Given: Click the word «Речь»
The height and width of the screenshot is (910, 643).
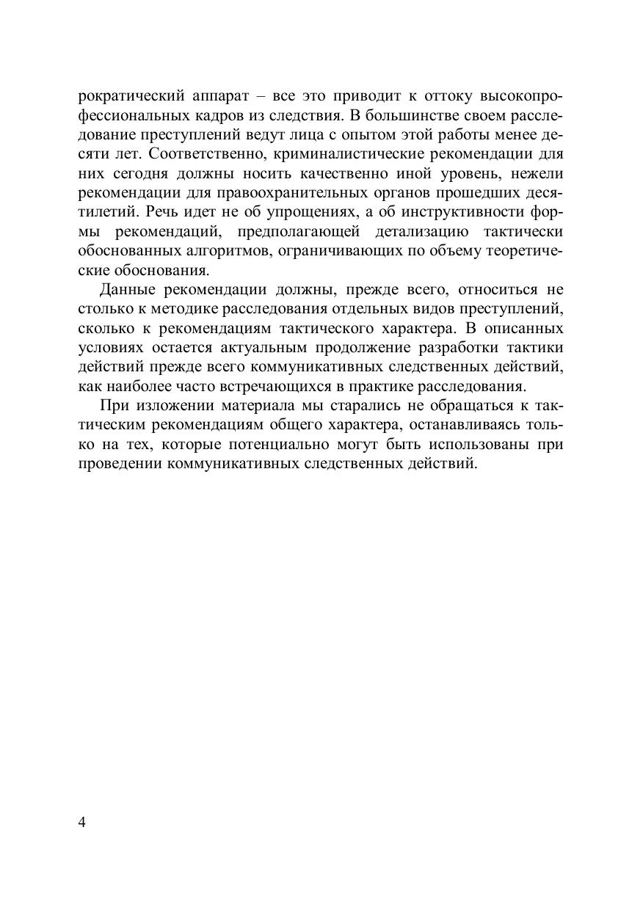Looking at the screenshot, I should point(164,213).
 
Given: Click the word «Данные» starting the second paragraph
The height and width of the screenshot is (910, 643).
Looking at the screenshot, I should point(126,289).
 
